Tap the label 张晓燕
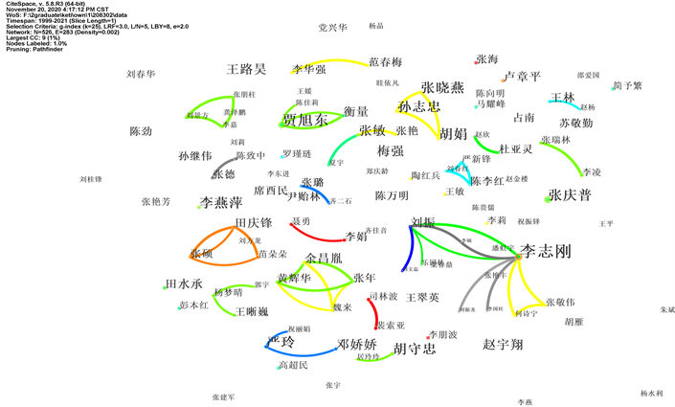(442, 88)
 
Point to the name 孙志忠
(419, 106)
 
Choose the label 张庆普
(570, 194)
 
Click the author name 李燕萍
(221, 203)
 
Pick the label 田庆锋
(254, 223)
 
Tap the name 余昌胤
(324, 258)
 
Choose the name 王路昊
(246, 70)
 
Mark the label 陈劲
(141, 131)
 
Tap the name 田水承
(184, 284)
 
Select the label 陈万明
(392, 195)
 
